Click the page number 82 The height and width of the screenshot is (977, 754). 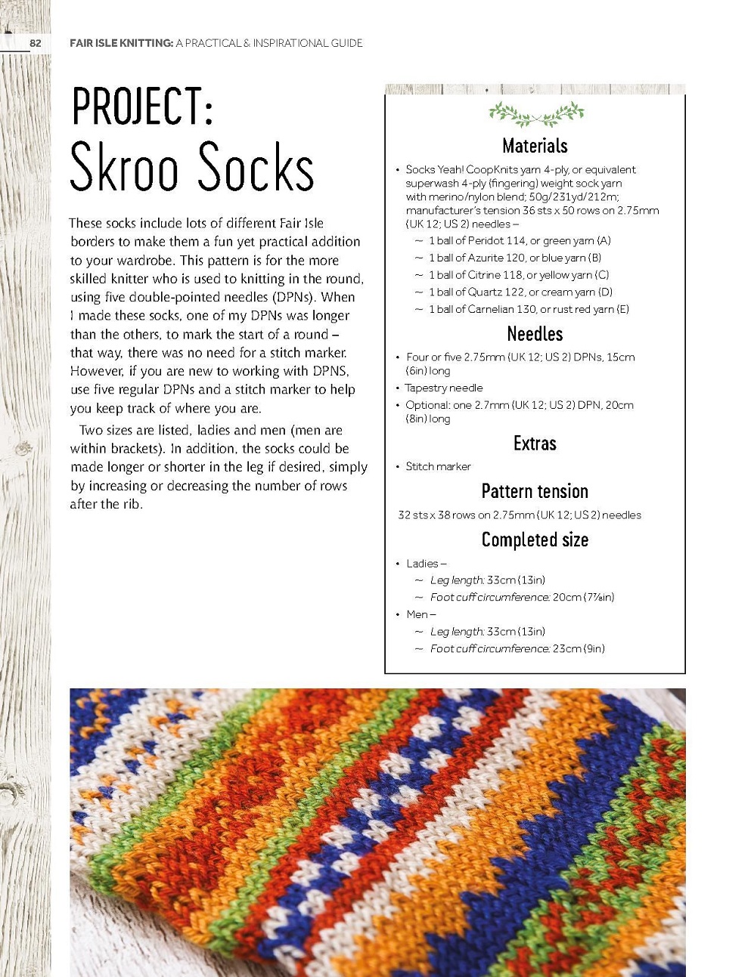tap(35, 43)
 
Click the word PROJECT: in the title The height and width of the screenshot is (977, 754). tap(142, 107)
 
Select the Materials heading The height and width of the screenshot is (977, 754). tap(535, 146)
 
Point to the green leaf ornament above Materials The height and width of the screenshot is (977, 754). tap(536, 114)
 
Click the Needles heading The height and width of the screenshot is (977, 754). tap(535, 334)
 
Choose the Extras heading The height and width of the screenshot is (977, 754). tap(535, 444)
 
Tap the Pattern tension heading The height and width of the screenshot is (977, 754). tap(535, 491)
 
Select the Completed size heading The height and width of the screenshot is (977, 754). tap(535, 540)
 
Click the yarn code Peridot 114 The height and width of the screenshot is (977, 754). tap(496, 241)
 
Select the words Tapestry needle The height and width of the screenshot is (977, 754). tap(444, 388)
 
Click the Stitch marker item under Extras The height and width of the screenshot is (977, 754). tap(438, 466)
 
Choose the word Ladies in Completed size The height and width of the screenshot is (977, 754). tap(422, 564)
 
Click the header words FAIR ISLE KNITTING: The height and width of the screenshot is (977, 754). tap(121, 43)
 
